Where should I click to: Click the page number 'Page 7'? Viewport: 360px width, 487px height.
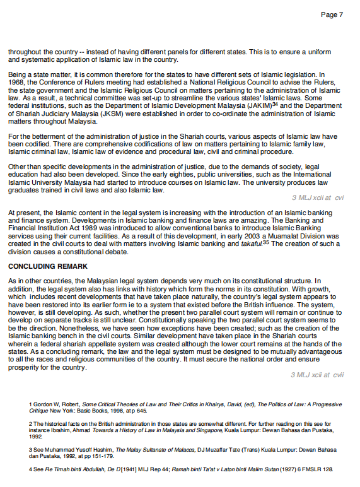332,15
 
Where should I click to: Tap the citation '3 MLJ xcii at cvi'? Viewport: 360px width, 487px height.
318,197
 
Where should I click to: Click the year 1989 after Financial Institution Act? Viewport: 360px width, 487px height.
95,228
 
